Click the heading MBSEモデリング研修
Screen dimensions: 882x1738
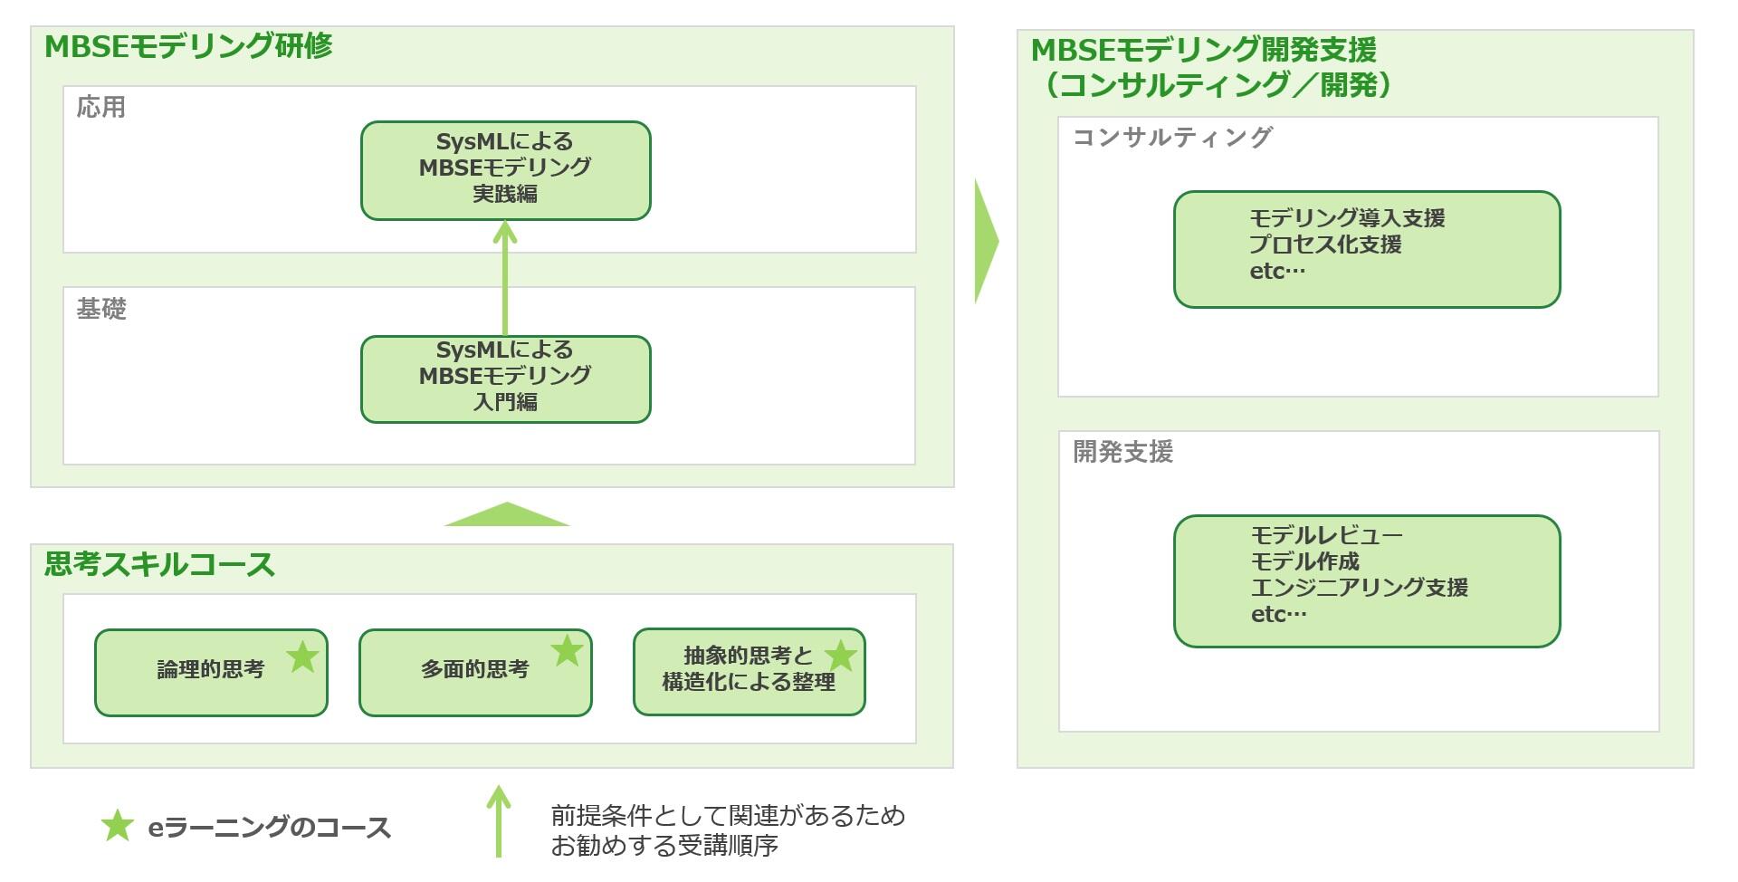tap(188, 46)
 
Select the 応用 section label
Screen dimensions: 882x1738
tap(100, 107)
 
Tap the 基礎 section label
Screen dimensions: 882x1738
tap(100, 309)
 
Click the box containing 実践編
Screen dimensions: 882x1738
tap(505, 170)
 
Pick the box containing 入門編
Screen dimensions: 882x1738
tap(505, 379)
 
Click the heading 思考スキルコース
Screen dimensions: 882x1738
tap(159, 564)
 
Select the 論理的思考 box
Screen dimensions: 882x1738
tap(210, 672)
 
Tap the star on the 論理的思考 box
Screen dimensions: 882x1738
tap(302, 657)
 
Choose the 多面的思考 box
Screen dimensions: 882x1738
tap(474, 672)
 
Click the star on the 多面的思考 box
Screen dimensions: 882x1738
tap(567, 650)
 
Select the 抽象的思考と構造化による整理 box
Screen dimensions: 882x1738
tap(748, 671)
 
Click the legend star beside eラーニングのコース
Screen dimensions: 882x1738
tap(117, 826)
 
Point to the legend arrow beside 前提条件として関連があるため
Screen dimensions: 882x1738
tap(499, 820)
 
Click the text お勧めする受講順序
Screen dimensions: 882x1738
tap(664, 846)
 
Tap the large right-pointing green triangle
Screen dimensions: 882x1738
tap(985, 241)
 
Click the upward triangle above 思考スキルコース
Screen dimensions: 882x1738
tap(507, 515)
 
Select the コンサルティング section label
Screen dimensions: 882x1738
tap(1172, 137)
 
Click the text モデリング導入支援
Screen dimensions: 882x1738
tap(1347, 218)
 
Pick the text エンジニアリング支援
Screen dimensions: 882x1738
tap(1359, 587)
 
